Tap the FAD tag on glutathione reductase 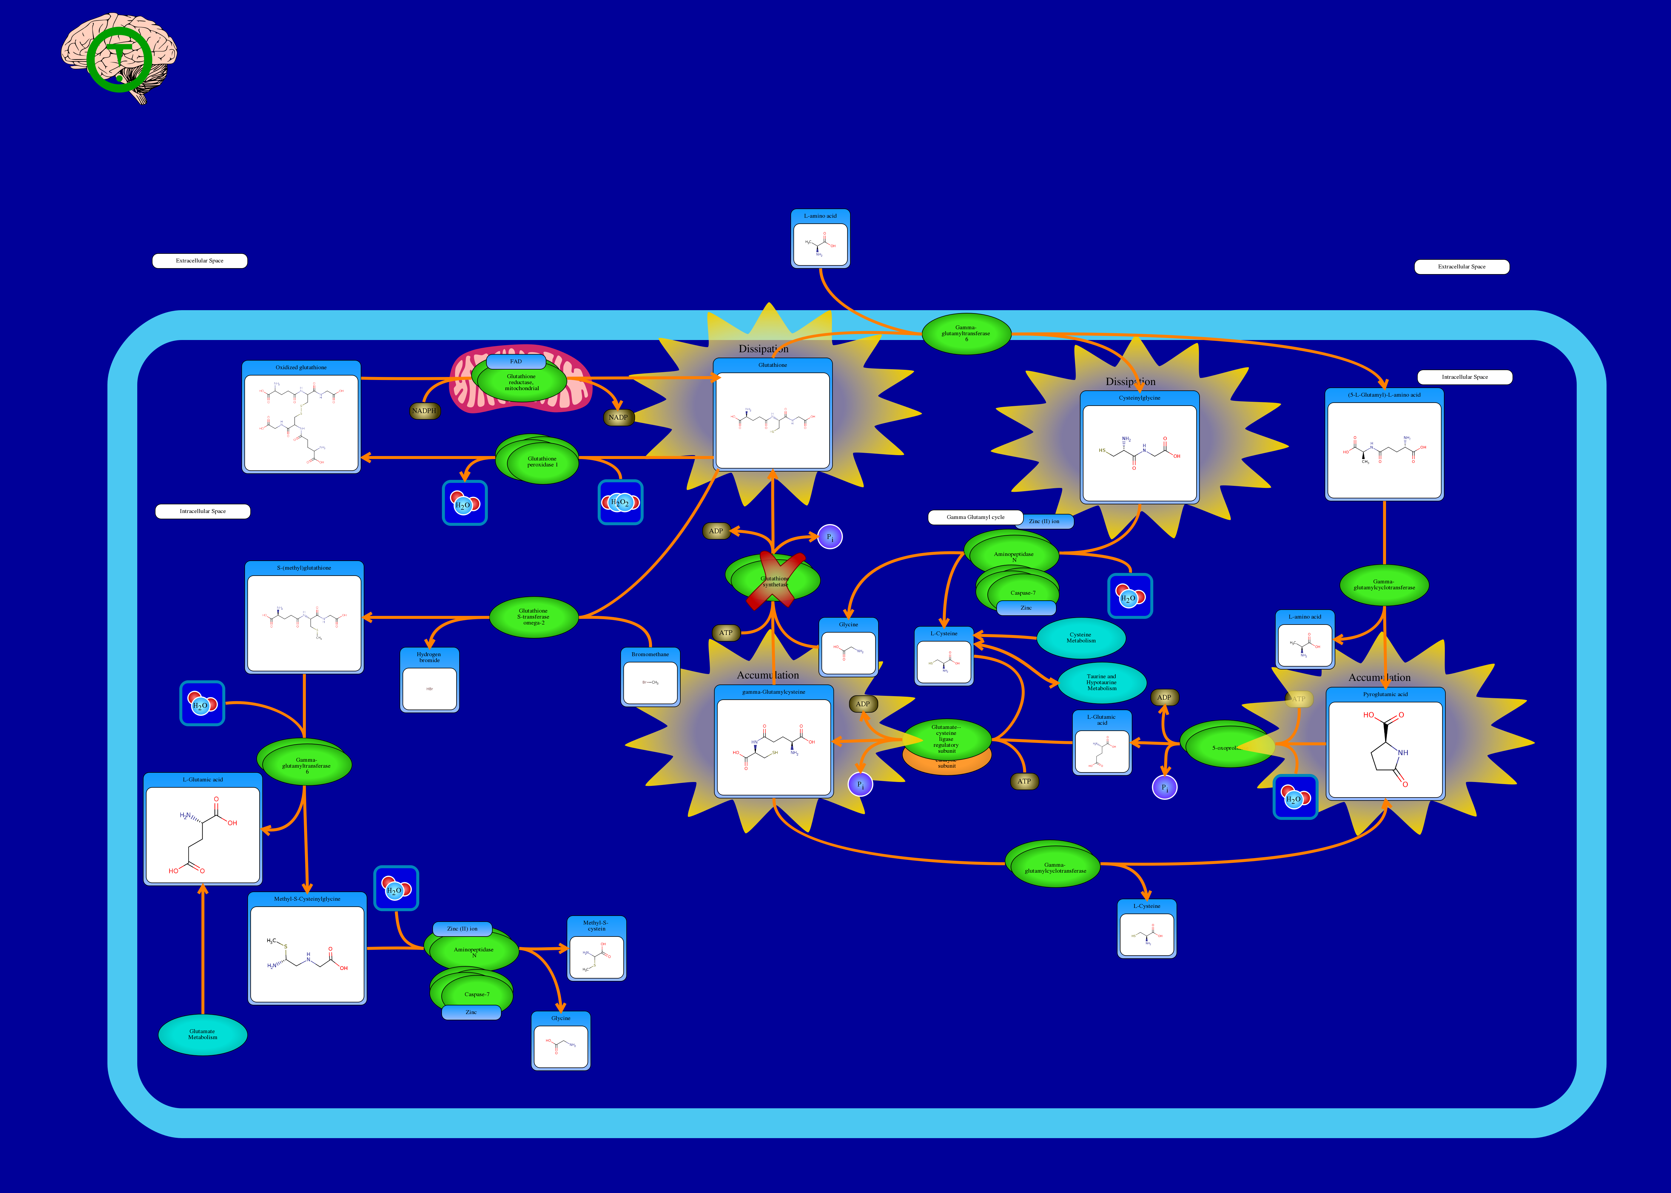516,361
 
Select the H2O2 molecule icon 620,503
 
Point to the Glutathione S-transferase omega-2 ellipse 534,617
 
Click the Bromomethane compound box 650,676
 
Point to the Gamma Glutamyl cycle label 975,517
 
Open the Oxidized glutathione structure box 301,417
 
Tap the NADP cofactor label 618,417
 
